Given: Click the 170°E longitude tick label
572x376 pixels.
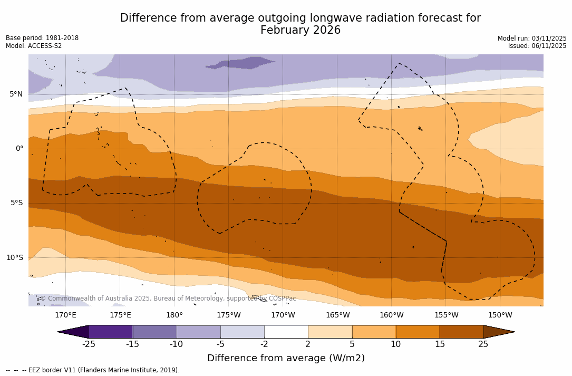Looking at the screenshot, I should [x=65, y=315].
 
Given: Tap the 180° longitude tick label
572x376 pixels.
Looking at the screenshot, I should [x=174, y=315].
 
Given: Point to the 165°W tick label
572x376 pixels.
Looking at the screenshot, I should [x=337, y=315].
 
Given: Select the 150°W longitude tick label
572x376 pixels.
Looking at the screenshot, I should [x=500, y=315].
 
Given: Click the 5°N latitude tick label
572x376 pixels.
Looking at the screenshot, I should [x=16, y=94].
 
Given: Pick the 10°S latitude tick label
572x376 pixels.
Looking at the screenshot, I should [x=14, y=258].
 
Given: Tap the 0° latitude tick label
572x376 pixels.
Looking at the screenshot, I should [x=19, y=149].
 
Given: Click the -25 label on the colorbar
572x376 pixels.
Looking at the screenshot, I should [x=89, y=344].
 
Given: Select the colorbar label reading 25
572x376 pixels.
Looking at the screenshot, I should [x=483, y=344].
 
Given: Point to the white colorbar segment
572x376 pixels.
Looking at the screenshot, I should [x=286, y=332].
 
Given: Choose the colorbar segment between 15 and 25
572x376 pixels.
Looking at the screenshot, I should [x=461, y=332].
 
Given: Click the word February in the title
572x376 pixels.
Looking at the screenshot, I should [x=284, y=31].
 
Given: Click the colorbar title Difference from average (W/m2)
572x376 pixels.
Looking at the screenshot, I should [x=286, y=358].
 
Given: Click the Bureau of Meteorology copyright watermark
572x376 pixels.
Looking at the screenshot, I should [x=168, y=298].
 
